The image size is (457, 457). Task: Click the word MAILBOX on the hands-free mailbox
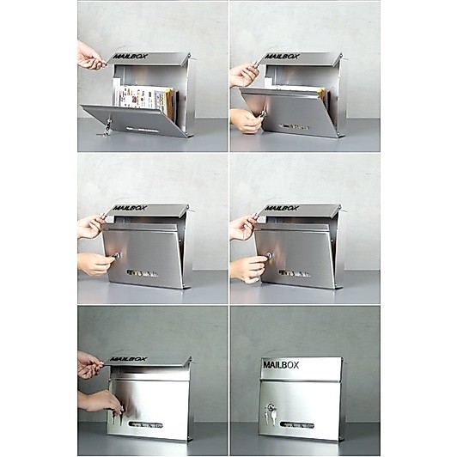coord(281,365)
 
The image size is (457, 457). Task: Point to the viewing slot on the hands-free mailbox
coord(296,425)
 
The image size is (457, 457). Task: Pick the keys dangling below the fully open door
coord(107,128)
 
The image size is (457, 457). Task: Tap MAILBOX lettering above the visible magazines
coord(130,56)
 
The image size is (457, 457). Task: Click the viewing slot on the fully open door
coord(143,129)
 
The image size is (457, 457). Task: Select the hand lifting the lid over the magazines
coord(90,56)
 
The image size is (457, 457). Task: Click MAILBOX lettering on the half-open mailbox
coord(282,56)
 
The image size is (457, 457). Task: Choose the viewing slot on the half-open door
coord(294,127)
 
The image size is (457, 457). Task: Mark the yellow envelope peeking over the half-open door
coord(320,94)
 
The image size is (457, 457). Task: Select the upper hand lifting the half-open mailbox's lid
coord(244,74)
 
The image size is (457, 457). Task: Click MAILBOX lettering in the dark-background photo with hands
coord(128,359)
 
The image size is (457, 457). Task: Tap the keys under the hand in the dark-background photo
coord(117,417)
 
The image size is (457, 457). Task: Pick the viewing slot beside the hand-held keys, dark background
coord(146,425)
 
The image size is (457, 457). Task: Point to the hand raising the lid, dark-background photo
coord(89,365)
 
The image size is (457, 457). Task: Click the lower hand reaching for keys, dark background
coord(102,404)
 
